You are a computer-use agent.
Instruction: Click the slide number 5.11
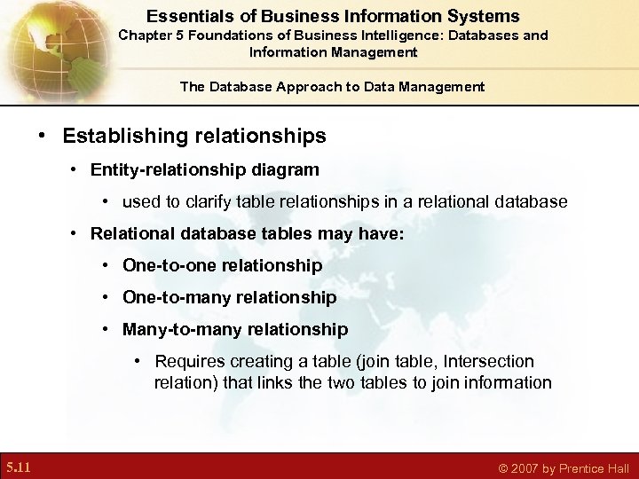tap(19, 467)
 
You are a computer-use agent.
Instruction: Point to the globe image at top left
tap(44, 44)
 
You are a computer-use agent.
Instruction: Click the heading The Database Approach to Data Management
tap(332, 86)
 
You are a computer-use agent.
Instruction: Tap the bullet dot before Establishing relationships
tap(42, 137)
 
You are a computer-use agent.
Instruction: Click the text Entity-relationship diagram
tap(204, 169)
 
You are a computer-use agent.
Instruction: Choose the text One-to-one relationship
tap(222, 265)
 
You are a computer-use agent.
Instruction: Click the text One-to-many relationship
tap(229, 297)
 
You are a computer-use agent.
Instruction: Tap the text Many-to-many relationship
tap(235, 329)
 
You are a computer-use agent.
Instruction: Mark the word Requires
tap(190, 361)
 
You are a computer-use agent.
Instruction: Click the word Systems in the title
tap(486, 16)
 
